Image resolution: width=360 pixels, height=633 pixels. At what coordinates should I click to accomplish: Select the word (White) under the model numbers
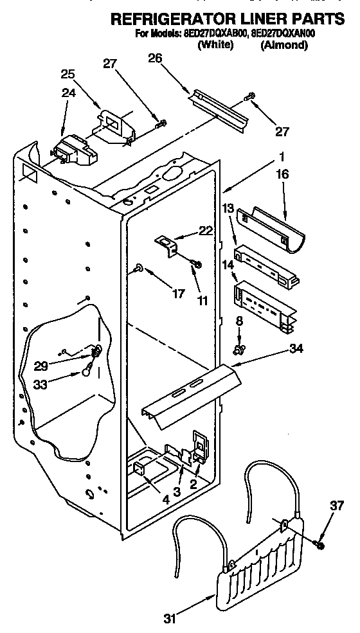(215, 46)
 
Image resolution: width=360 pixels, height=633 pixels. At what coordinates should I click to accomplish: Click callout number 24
(67, 93)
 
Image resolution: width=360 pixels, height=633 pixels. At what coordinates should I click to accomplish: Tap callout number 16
(283, 174)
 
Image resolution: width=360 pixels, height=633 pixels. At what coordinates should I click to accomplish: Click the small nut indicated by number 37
(319, 546)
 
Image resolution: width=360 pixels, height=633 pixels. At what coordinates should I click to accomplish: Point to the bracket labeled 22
(168, 244)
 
